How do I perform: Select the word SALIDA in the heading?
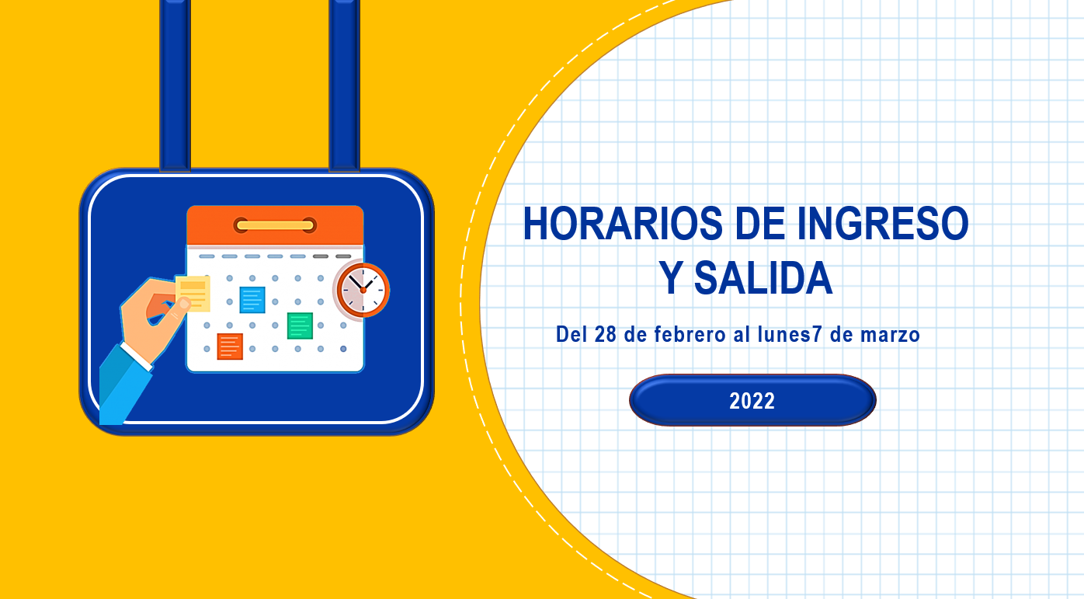(x=763, y=278)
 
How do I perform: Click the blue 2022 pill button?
(x=752, y=400)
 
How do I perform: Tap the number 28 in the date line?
(x=606, y=335)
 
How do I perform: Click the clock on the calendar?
(x=363, y=290)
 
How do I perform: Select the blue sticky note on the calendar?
(x=252, y=300)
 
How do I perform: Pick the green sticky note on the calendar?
(x=300, y=326)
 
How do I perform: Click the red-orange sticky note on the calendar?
(x=230, y=347)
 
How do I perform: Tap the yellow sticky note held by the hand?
(x=193, y=294)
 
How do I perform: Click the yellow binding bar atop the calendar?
(x=275, y=225)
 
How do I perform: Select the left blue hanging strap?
(x=175, y=85)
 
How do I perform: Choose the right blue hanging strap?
(x=344, y=85)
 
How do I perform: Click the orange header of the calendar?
(x=275, y=225)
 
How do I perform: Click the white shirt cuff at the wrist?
(x=137, y=357)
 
